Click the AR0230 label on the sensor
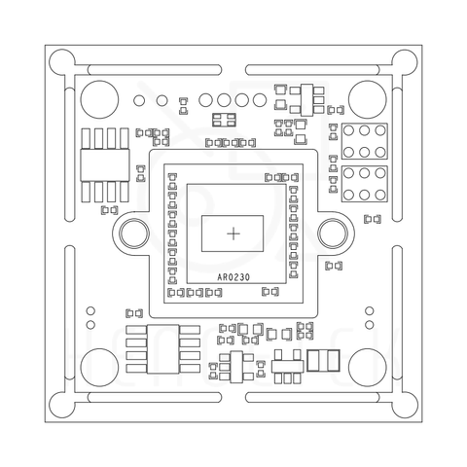233,277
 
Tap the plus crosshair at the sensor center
233,233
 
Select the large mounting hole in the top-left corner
99,99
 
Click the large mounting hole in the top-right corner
368,99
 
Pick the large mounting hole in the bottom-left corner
99,368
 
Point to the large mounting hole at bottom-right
368,368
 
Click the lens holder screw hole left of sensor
134,233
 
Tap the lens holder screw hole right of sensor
333,233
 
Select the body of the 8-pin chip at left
105,165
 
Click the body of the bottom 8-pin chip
162,349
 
